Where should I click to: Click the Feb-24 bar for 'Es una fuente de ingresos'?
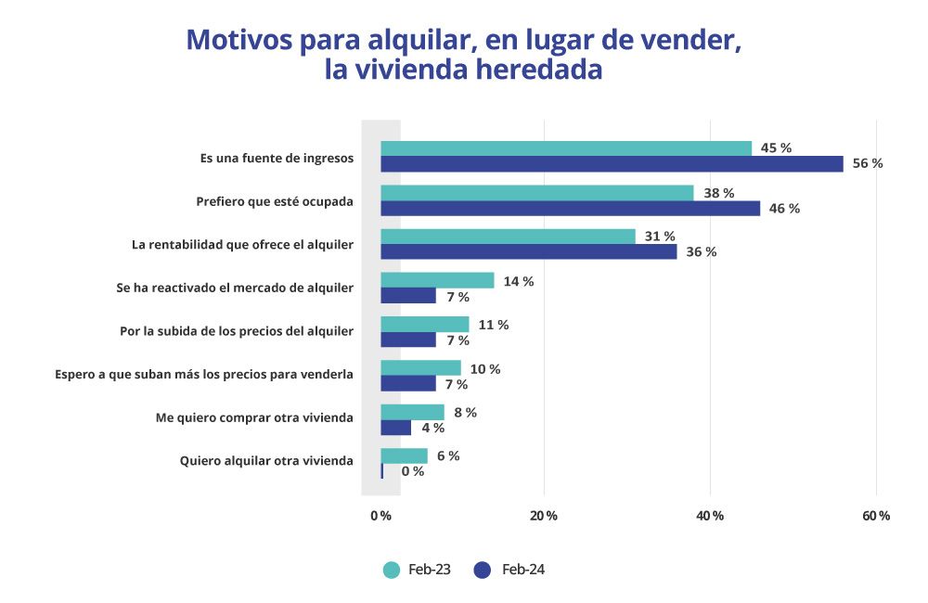click(x=612, y=164)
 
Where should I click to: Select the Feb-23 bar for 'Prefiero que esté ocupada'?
click(x=536, y=193)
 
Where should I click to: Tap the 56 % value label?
click(x=868, y=164)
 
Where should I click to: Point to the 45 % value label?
click(x=776, y=148)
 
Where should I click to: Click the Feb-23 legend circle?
click(x=392, y=570)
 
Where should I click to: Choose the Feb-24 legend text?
click(x=523, y=570)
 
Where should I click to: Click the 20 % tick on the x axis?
click(x=545, y=516)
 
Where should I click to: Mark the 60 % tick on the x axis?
click(x=876, y=516)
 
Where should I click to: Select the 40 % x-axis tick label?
click(x=711, y=516)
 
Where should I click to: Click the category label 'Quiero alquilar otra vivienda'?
click(x=265, y=461)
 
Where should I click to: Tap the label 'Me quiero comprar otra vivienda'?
click(x=254, y=417)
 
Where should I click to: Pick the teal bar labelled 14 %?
click(x=437, y=280)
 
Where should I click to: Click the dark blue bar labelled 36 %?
click(x=529, y=251)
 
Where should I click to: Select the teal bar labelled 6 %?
click(x=404, y=455)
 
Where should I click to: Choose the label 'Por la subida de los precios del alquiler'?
click(x=237, y=331)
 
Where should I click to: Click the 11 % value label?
click(x=493, y=325)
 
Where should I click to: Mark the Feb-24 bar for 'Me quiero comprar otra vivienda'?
click(x=395, y=428)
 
